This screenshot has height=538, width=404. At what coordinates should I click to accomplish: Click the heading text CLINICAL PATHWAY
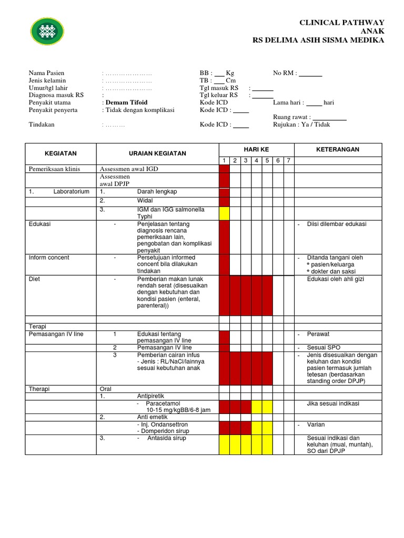[341, 22]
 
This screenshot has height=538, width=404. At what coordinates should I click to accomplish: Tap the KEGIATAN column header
[60, 153]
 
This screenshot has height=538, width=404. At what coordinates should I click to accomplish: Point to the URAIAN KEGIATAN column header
[158, 153]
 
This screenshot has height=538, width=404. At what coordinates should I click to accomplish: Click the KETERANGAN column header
[338, 150]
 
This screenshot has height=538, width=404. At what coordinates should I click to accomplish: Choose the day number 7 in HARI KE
[288, 161]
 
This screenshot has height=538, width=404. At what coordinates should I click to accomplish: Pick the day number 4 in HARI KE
[256, 161]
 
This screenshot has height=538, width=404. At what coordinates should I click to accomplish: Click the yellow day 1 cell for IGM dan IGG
[224, 213]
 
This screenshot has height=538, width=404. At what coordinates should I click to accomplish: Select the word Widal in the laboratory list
[145, 201]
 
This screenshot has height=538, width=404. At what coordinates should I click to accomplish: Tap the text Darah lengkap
[156, 192]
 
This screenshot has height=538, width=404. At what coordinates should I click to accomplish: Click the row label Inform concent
[49, 257]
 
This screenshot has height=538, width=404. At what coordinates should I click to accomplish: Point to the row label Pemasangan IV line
[56, 334]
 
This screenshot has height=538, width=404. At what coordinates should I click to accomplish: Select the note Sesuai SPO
[324, 348]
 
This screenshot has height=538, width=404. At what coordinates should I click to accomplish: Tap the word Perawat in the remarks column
[318, 334]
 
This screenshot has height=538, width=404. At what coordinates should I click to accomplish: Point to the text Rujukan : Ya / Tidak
[302, 125]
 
